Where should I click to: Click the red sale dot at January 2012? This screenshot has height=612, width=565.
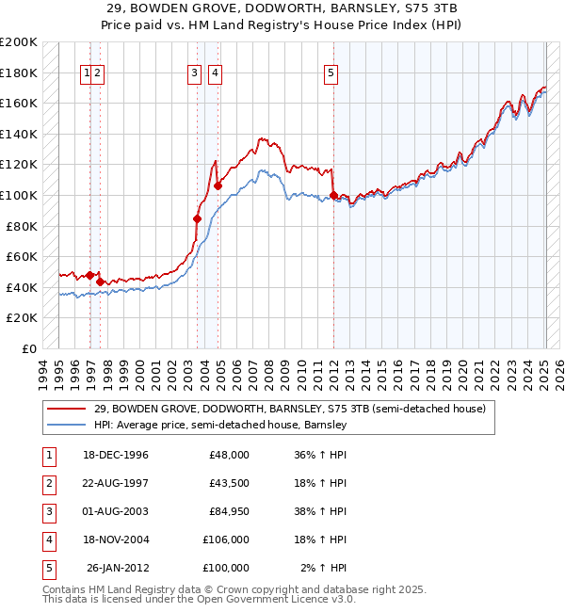334,196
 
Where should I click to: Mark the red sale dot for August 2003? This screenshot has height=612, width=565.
197,218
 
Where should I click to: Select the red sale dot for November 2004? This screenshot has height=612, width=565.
218,186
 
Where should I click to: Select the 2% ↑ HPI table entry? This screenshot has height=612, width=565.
323,568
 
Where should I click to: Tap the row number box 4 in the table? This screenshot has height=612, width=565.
47,540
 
